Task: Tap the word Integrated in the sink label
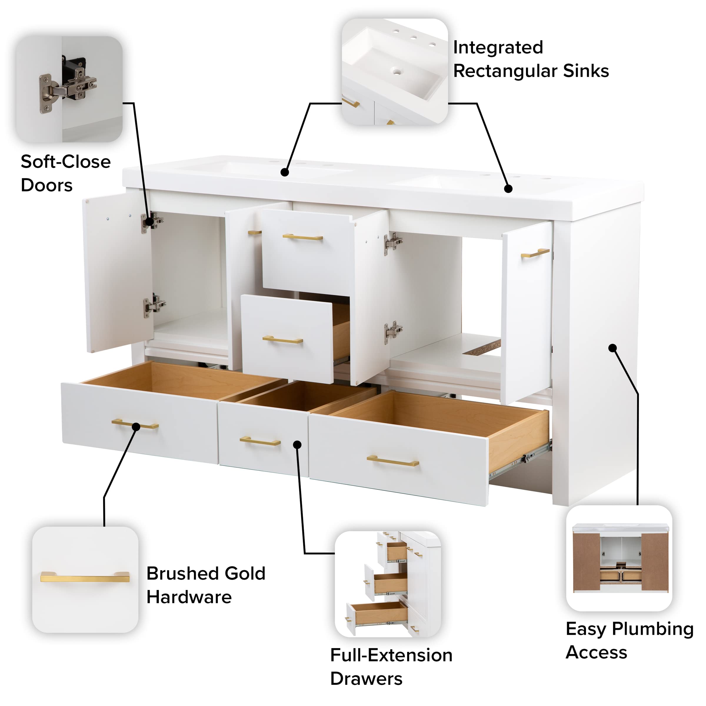[498, 47]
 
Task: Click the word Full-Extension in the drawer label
[391, 655]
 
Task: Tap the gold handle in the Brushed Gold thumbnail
[85, 577]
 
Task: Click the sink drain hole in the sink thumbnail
[397, 71]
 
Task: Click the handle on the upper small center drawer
[303, 237]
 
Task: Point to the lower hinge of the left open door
[154, 304]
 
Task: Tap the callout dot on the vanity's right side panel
[612, 348]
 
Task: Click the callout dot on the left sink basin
[285, 172]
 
